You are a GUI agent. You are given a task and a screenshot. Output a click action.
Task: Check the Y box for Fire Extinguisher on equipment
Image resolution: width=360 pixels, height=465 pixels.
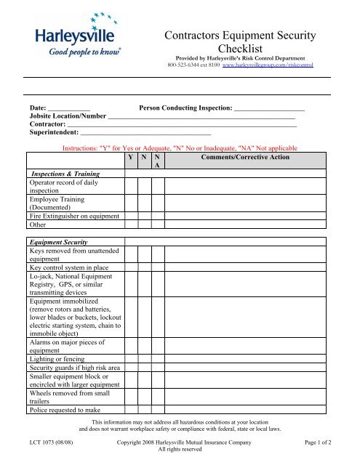(130, 215)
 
